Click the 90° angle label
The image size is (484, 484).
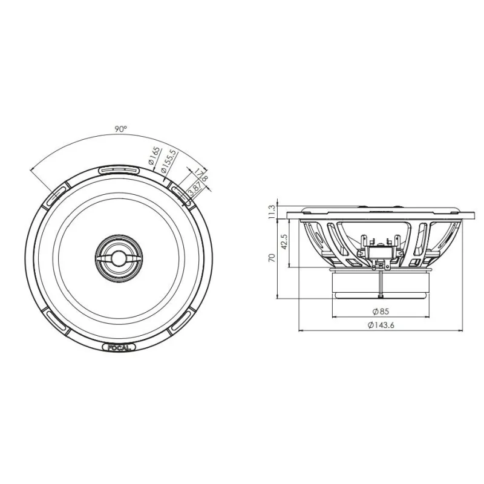pos(120,129)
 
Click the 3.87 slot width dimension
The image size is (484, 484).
pos(193,189)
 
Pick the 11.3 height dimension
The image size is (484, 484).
pos(272,212)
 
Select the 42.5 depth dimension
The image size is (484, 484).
pos(284,241)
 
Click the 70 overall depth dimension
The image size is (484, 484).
pos(272,258)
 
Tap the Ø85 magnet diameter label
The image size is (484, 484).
pos(381,312)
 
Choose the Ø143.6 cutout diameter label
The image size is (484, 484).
pos(381,325)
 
